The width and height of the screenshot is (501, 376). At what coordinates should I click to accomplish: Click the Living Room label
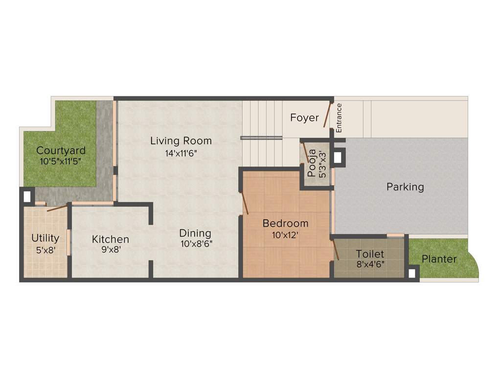(181, 141)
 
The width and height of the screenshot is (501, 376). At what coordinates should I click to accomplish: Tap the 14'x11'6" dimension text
(181, 153)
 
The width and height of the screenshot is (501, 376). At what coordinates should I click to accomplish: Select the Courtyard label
(61, 150)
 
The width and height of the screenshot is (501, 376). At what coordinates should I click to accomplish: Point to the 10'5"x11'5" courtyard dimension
(61, 161)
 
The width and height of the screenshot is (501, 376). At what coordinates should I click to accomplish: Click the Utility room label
(46, 238)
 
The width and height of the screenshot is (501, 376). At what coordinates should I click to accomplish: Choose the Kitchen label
(111, 239)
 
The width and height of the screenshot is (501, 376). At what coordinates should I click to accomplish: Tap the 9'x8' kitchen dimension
(111, 249)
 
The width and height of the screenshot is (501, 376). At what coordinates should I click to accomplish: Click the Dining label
(195, 233)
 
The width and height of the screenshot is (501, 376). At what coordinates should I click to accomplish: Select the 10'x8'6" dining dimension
(196, 243)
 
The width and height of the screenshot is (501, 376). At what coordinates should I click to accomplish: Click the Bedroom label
(286, 223)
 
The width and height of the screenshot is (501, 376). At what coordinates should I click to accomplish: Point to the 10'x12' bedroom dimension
(286, 235)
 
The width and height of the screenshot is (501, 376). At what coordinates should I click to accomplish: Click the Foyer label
(304, 117)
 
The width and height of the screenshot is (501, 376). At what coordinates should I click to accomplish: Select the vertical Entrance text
(339, 117)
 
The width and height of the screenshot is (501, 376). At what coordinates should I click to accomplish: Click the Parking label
(405, 187)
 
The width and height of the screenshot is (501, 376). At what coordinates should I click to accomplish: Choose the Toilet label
(370, 254)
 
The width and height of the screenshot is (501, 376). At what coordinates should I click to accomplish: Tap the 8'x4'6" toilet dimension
(370, 264)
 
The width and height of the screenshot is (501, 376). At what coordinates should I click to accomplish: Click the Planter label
(439, 259)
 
